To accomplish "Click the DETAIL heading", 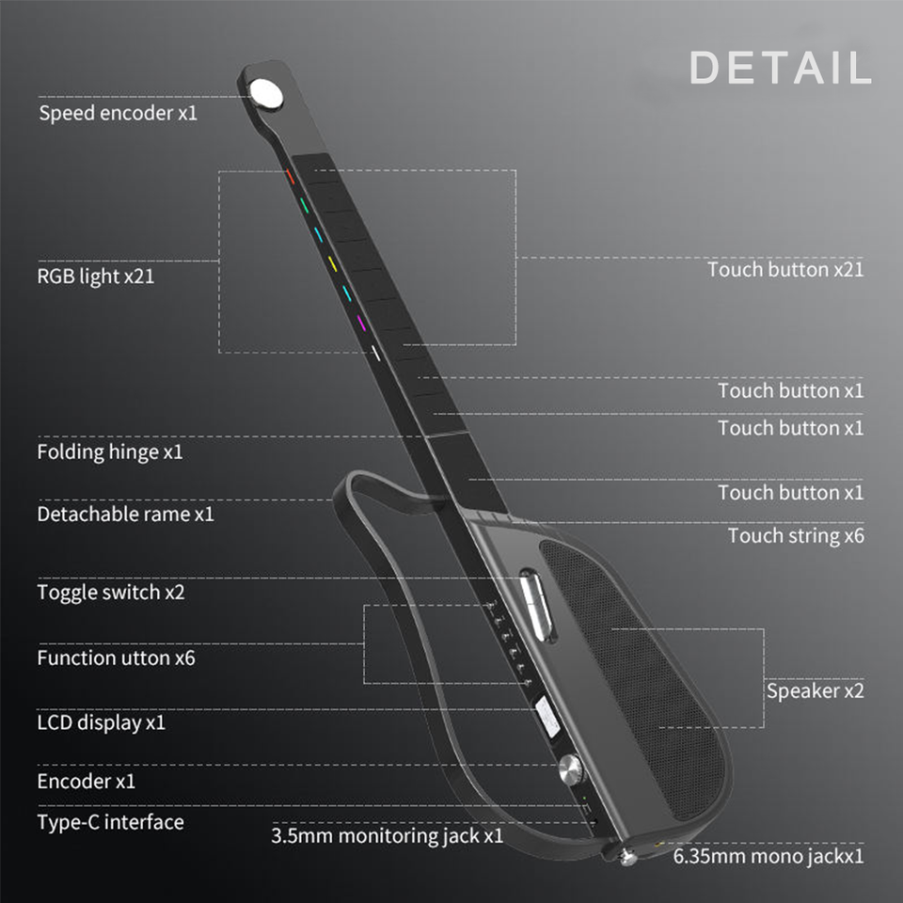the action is pyautogui.click(x=780, y=69).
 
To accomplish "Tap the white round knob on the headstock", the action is pyautogui.click(x=266, y=92).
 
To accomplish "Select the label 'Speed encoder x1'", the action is pyautogui.click(x=119, y=114).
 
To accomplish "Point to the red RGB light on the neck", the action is pyautogui.click(x=291, y=176).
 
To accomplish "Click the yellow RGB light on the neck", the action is pyautogui.click(x=332, y=262).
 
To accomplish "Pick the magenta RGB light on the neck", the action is pyautogui.click(x=360, y=323).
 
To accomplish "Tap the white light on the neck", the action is pyautogui.click(x=375, y=354).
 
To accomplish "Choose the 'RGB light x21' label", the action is pyautogui.click(x=97, y=277).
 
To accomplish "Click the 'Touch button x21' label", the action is pyautogui.click(x=785, y=269).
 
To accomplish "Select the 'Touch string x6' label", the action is pyautogui.click(x=796, y=535).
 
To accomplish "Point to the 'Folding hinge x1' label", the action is pyautogui.click(x=110, y=451).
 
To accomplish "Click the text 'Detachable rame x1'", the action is pyautogui.click(x=125, y=514).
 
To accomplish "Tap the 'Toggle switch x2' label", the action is pyautogui.click(x=111, y=593).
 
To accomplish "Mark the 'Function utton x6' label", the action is pyautogui.click(x=116, y=657).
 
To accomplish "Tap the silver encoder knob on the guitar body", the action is pyautogui.click(x=571, y=770).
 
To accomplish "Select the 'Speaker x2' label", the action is pyautogui.click(x=815, y=690).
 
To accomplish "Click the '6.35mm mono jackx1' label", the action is pyautogui.click(x=768, y=856).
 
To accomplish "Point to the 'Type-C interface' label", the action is pyautogui.click(x=110, y=822).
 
